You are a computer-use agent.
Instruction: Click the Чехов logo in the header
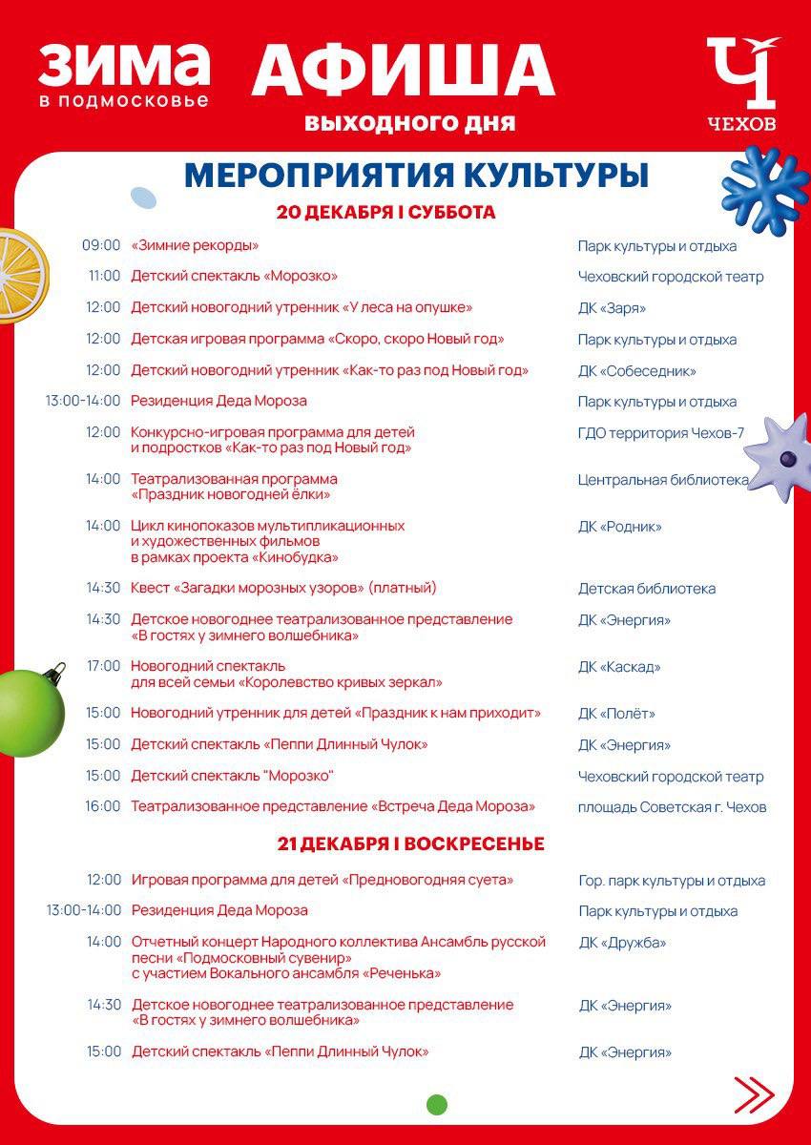(741, 84)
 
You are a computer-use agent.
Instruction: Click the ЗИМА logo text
(124, 65)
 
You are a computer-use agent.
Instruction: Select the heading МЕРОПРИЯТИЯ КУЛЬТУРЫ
(416, 176)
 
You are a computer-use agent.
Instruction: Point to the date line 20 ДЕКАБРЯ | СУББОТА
(386, 213)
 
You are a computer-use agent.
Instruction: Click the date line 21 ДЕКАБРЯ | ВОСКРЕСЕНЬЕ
(411, 844)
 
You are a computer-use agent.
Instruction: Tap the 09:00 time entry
(101, 245)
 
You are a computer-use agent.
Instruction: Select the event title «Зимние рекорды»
(195, 245)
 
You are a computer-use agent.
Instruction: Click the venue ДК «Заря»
(612, 308)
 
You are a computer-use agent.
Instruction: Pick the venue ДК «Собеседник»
(636, 370)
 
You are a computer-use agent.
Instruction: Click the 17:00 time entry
(103, 666)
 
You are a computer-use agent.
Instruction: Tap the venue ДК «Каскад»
(619, 667)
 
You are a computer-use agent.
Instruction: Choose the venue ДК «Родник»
(619, 526)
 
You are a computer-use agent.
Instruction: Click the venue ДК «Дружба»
(622, 943)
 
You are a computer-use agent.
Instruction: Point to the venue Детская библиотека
(646, 589)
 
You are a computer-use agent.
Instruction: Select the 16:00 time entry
(103, 806)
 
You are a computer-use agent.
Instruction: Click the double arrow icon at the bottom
(754, 1093)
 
